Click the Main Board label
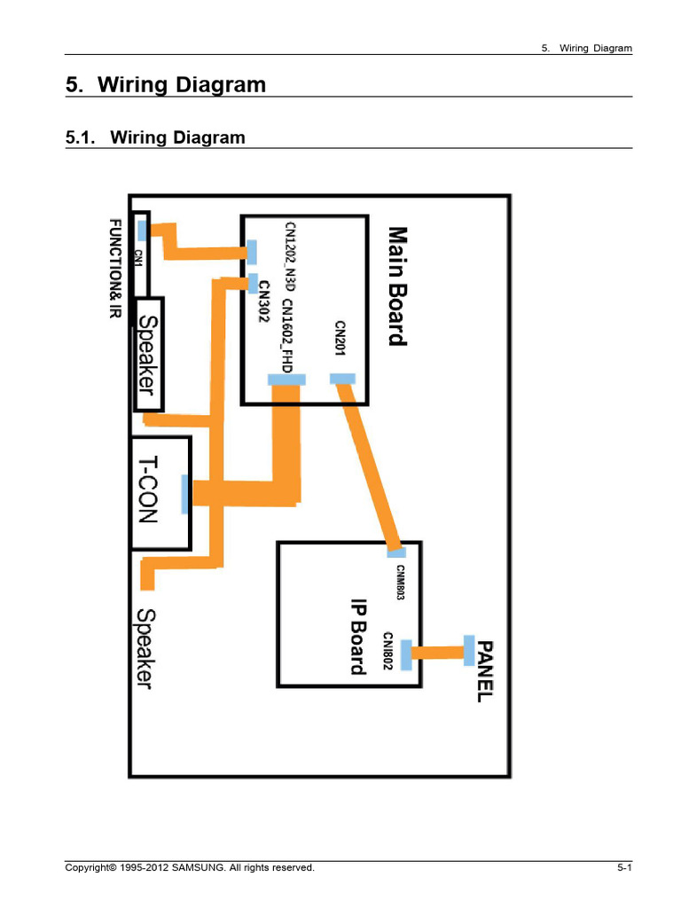[x=398, y=286]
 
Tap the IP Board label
[x=359, y=637]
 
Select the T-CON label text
[x=148, y=489]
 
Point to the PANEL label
[x=485, y=672]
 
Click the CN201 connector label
[x=340, y=339]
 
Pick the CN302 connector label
[x=264, y=301]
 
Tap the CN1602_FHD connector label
[x=287, y=336]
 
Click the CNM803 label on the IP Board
[x=400, y=583]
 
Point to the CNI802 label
[x=387, y=651]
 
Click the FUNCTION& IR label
[x=116, y=268]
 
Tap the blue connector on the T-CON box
[x=184, y=495]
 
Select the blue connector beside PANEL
[x=469, y=650]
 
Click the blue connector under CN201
[x=342, y=380]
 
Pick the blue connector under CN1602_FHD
[x=286, y=380]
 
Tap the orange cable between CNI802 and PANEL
[x=438, y=653]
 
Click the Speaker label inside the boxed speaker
[x=147, y=355]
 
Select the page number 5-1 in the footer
[x=624, y=867]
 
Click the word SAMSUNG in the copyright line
[x=199, y=867]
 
